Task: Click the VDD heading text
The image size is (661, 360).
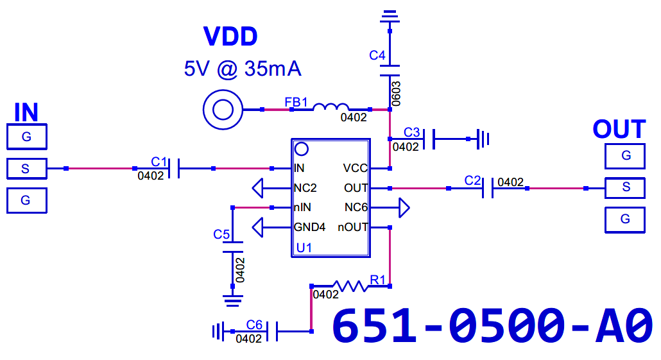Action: coord(230,37)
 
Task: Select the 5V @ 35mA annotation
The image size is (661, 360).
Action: coord(243,69)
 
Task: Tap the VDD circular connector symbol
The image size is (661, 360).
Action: coord(223,110)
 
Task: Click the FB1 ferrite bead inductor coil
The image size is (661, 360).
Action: coord(331,108)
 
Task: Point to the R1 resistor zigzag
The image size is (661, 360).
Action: coord(350,286)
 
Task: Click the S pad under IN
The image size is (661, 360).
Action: coord(26,169)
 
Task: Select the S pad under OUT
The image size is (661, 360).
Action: coord(625,187)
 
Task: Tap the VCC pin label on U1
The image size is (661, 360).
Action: coord(355,169)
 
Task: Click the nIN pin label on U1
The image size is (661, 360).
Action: coord(303,207)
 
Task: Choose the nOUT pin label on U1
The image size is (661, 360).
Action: coord(353,227)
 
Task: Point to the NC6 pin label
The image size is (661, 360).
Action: coord(356,207)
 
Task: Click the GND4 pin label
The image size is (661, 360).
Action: coord(309,227)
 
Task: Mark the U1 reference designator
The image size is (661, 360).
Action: coord(304,248)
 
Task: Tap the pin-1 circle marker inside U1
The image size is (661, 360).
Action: coord(301,149)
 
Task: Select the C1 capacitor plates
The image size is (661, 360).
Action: coord(174,169)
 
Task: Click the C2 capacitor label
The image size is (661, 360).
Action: coord(472,180)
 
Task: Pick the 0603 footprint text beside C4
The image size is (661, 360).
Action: coord(397,94)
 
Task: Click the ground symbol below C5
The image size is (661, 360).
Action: coord(232,297)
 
